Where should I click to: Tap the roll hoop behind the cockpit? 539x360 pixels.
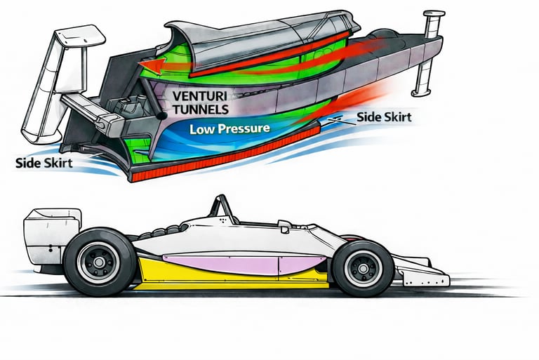point(222,206)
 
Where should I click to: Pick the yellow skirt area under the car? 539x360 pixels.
point(232,281)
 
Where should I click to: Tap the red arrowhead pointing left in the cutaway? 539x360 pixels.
point(148,65)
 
